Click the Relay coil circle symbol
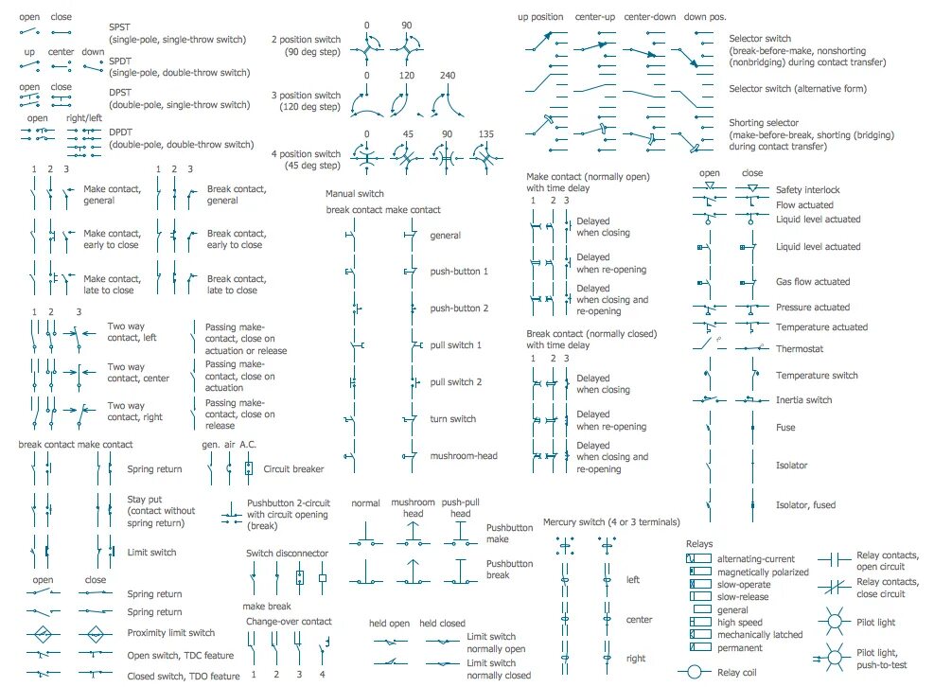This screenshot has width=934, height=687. click(x=698, y=672)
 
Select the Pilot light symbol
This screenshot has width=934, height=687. click(x=835, y=622)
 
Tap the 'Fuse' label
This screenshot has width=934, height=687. click(x=785, y=428)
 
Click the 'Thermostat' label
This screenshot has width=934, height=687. click(x=800, y=349)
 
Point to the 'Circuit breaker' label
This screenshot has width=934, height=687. click(x=293, y=468)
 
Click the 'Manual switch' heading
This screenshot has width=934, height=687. click(x=355, y=194)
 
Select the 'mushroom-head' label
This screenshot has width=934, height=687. click(x=464, y=456)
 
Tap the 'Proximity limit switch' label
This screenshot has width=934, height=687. click(x=171, y=633)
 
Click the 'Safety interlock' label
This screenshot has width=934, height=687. click(x=807, y=190)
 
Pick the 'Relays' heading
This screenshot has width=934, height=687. click(x=699, y=544)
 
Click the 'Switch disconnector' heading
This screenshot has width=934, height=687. click(x=287, y=554)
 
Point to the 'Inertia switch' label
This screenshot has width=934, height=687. click(x=803, y=400)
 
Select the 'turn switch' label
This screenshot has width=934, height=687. click(x=453, y=419)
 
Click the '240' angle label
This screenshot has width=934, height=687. click(x=448, y=75)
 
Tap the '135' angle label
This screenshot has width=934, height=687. click(x=486, y=134)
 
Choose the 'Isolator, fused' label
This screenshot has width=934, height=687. click(x=805, y=505)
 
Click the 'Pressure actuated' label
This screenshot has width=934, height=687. click(x=812, y=308)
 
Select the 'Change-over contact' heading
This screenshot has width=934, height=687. click(x=289, y=622)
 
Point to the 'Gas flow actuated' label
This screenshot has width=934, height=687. click(x=813, y=282)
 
